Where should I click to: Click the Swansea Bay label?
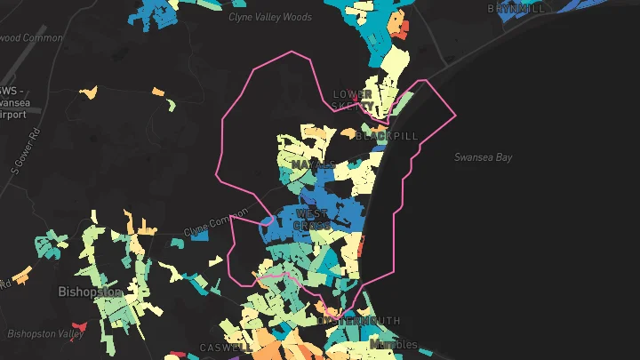[484, 157]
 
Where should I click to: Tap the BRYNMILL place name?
[516, 8]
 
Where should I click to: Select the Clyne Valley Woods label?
[270, 17]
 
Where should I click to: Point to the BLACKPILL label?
[386, 136]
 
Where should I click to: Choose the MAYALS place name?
[312, 165]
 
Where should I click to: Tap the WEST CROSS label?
[312, 220]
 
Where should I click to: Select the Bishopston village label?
[88, 292]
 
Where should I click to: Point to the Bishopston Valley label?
[45, 333]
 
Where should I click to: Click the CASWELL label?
[220, 348]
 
